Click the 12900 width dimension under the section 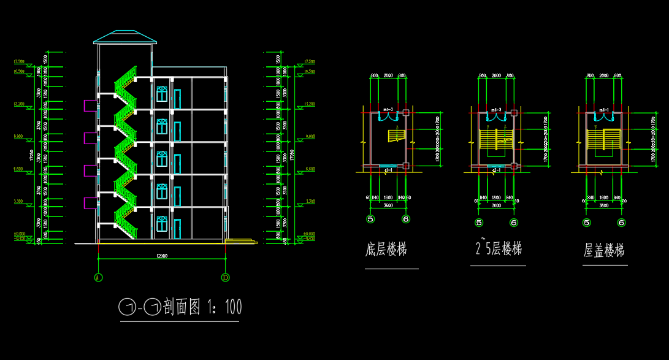[161, 255]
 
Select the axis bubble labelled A [98, 277]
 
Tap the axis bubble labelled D [225, 277]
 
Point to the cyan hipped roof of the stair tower [124, 37]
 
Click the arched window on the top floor [161, 94]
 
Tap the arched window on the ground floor [161, 224]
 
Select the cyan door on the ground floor [177, 229]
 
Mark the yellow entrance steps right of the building [240, 240]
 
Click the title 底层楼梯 [386, 250]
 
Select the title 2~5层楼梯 [498, 248]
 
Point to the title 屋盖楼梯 [604, 250]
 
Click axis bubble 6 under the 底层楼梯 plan [405, 219]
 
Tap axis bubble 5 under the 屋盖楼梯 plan [587, 223]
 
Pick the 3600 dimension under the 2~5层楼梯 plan [496, 205]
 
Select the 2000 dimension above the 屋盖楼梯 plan [604, 75]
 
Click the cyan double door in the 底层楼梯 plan [388, 117]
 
